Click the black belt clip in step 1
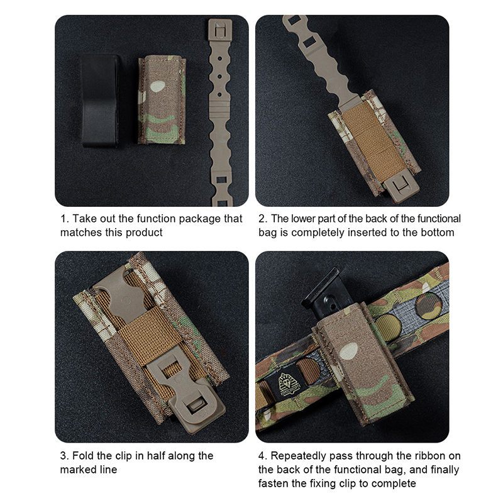[100, 101]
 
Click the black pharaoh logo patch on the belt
[287, 385]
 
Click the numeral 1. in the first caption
[65, 219]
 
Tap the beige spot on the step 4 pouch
[348, 351]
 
